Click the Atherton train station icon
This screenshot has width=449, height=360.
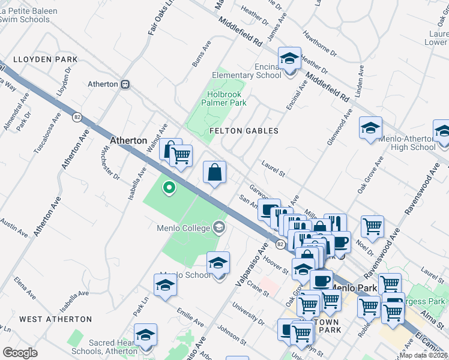tap(125, 85)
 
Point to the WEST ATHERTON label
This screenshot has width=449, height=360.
tap(55, 319)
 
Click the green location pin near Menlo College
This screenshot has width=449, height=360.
tap(169, 189)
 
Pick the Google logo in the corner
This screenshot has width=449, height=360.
tap(20, 353)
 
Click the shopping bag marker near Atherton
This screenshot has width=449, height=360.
tap(215, 173)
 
